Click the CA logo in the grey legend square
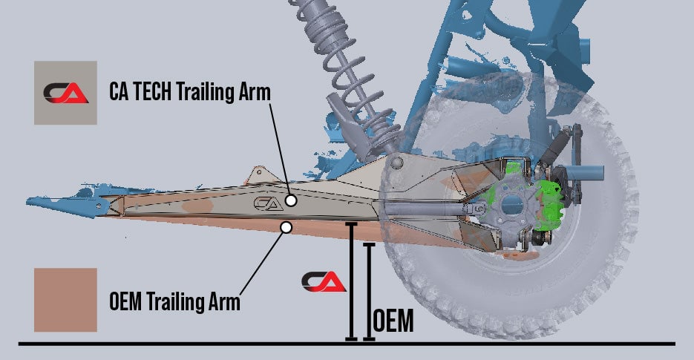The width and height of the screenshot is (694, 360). [65, 92]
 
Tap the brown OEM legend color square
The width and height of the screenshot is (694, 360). [65, 300]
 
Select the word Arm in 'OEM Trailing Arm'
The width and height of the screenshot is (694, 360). [223, 303]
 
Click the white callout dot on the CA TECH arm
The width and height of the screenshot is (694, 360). [291, 200]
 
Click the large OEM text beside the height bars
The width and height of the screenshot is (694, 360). [393, 322]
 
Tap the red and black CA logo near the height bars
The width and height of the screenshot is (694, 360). [324, 281]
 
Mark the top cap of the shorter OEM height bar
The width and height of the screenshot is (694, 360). [369, 243]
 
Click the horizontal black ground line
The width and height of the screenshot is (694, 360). [223, 344]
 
